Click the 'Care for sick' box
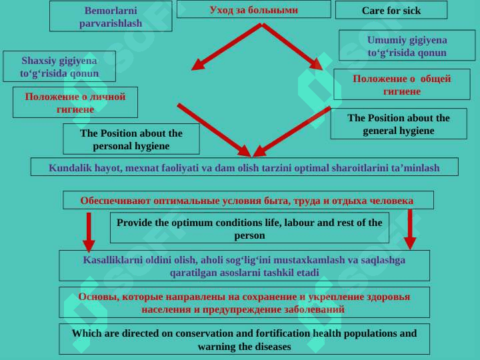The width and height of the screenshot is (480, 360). pos(391,10)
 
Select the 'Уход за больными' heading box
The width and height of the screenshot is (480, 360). pos(254,9)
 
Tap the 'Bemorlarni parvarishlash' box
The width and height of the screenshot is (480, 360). pos(111,16)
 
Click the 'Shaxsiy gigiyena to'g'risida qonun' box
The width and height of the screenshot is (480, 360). pos(59,67)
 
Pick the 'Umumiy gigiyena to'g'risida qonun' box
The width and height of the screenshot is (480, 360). pos(407,45)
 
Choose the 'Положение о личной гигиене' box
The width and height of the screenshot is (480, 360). pos(75,102)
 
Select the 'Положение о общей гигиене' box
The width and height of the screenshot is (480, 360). pos(402,84)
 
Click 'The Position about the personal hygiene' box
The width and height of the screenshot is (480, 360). pos(131,139)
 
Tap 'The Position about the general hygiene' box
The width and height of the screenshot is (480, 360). pos(399,124)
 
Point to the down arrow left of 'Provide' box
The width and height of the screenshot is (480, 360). pos(89,233)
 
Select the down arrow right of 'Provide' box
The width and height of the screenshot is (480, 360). pos(410,229)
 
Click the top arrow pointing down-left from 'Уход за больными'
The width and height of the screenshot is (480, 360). pos(227,47)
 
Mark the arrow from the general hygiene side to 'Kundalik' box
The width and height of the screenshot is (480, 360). pos(292,132)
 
